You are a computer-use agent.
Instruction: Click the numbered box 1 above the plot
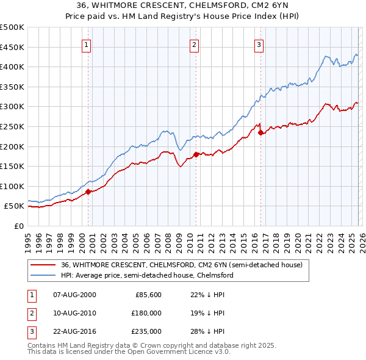87,45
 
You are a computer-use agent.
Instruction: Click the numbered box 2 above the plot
194,45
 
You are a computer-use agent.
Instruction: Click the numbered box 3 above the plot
259,45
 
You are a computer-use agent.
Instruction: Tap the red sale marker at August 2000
88,192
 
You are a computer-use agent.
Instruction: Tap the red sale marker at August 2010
196,154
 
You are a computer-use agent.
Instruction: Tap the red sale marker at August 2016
260,132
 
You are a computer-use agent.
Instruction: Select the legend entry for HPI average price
147,275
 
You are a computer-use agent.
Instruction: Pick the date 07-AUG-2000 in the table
74,295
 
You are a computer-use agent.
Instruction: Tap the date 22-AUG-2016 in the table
74,331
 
